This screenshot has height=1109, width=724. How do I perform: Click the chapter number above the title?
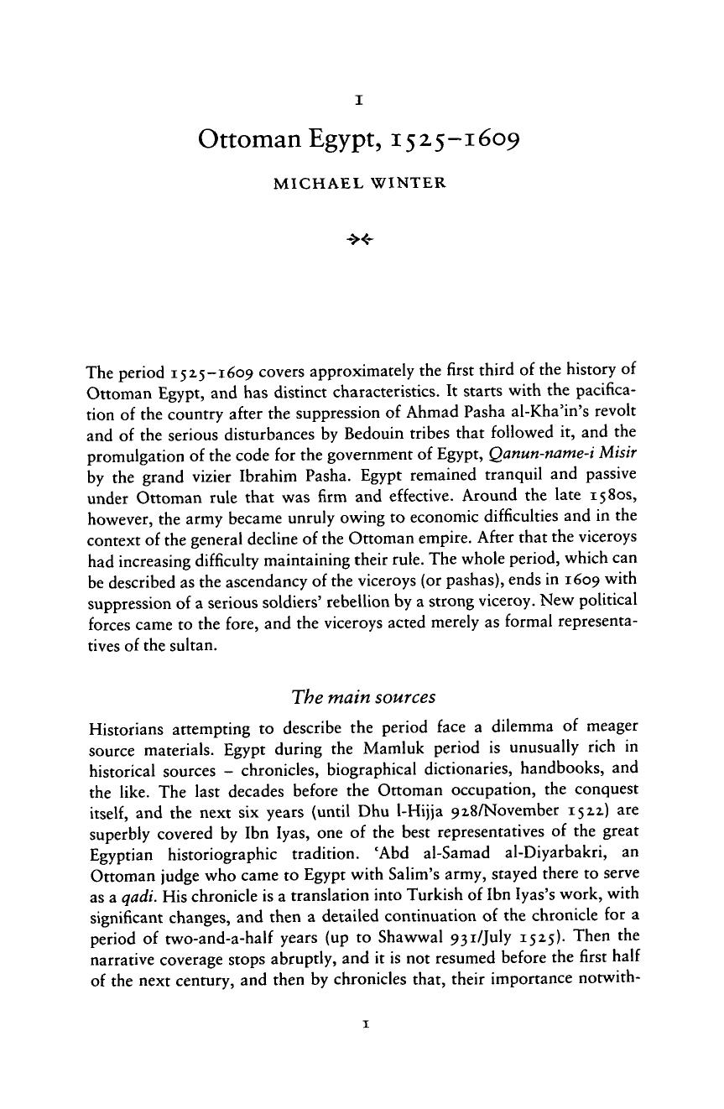[358, 100]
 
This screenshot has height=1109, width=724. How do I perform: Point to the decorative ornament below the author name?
[361, 239]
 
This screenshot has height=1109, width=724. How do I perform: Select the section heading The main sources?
[362, 698]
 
